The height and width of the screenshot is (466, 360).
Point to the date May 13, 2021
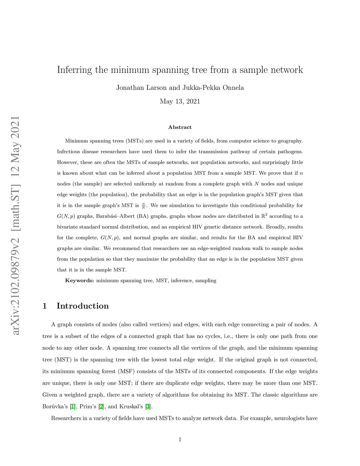(x=180, y=102)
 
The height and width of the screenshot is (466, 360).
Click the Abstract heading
(x=180, y=127)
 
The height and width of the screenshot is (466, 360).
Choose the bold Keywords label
(x=79, y=281)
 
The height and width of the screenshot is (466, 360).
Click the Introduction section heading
(x=83, y=306)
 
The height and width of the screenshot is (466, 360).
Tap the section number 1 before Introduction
(x=45, y=306)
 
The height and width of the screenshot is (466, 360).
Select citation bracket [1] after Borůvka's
(x=73, y=407)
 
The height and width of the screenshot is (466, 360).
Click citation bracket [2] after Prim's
(x=101, y=407)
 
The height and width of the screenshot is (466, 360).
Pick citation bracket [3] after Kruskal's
(x=148, y=407)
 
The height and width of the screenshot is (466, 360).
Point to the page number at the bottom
(x=180, y=439)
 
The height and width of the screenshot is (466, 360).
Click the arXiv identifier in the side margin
(x=15, y=225)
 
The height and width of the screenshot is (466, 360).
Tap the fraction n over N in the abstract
(x=143, y=206)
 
